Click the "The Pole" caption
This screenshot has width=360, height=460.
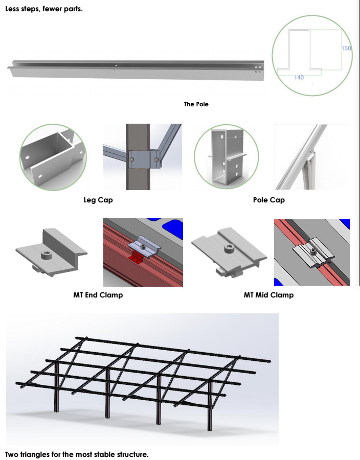[196, 104]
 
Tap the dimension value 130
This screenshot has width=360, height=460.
[346, 48]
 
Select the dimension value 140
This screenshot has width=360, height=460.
[299, 77]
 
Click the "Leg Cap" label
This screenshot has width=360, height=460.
[98, 200]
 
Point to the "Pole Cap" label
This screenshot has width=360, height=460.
[269, 200]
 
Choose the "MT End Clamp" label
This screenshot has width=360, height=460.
[98, 295]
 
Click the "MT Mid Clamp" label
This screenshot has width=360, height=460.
[268, 295]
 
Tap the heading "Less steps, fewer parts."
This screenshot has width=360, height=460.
[44, 9]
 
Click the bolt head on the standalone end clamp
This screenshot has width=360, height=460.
[47, 255]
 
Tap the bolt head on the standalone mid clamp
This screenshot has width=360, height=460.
[230, 249]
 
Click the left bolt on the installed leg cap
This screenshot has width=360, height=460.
[132, 159]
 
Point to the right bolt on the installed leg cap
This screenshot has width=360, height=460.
[156, 159]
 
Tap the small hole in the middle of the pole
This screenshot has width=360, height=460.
[116, 65]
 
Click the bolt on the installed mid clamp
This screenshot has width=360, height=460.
[313, 251]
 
